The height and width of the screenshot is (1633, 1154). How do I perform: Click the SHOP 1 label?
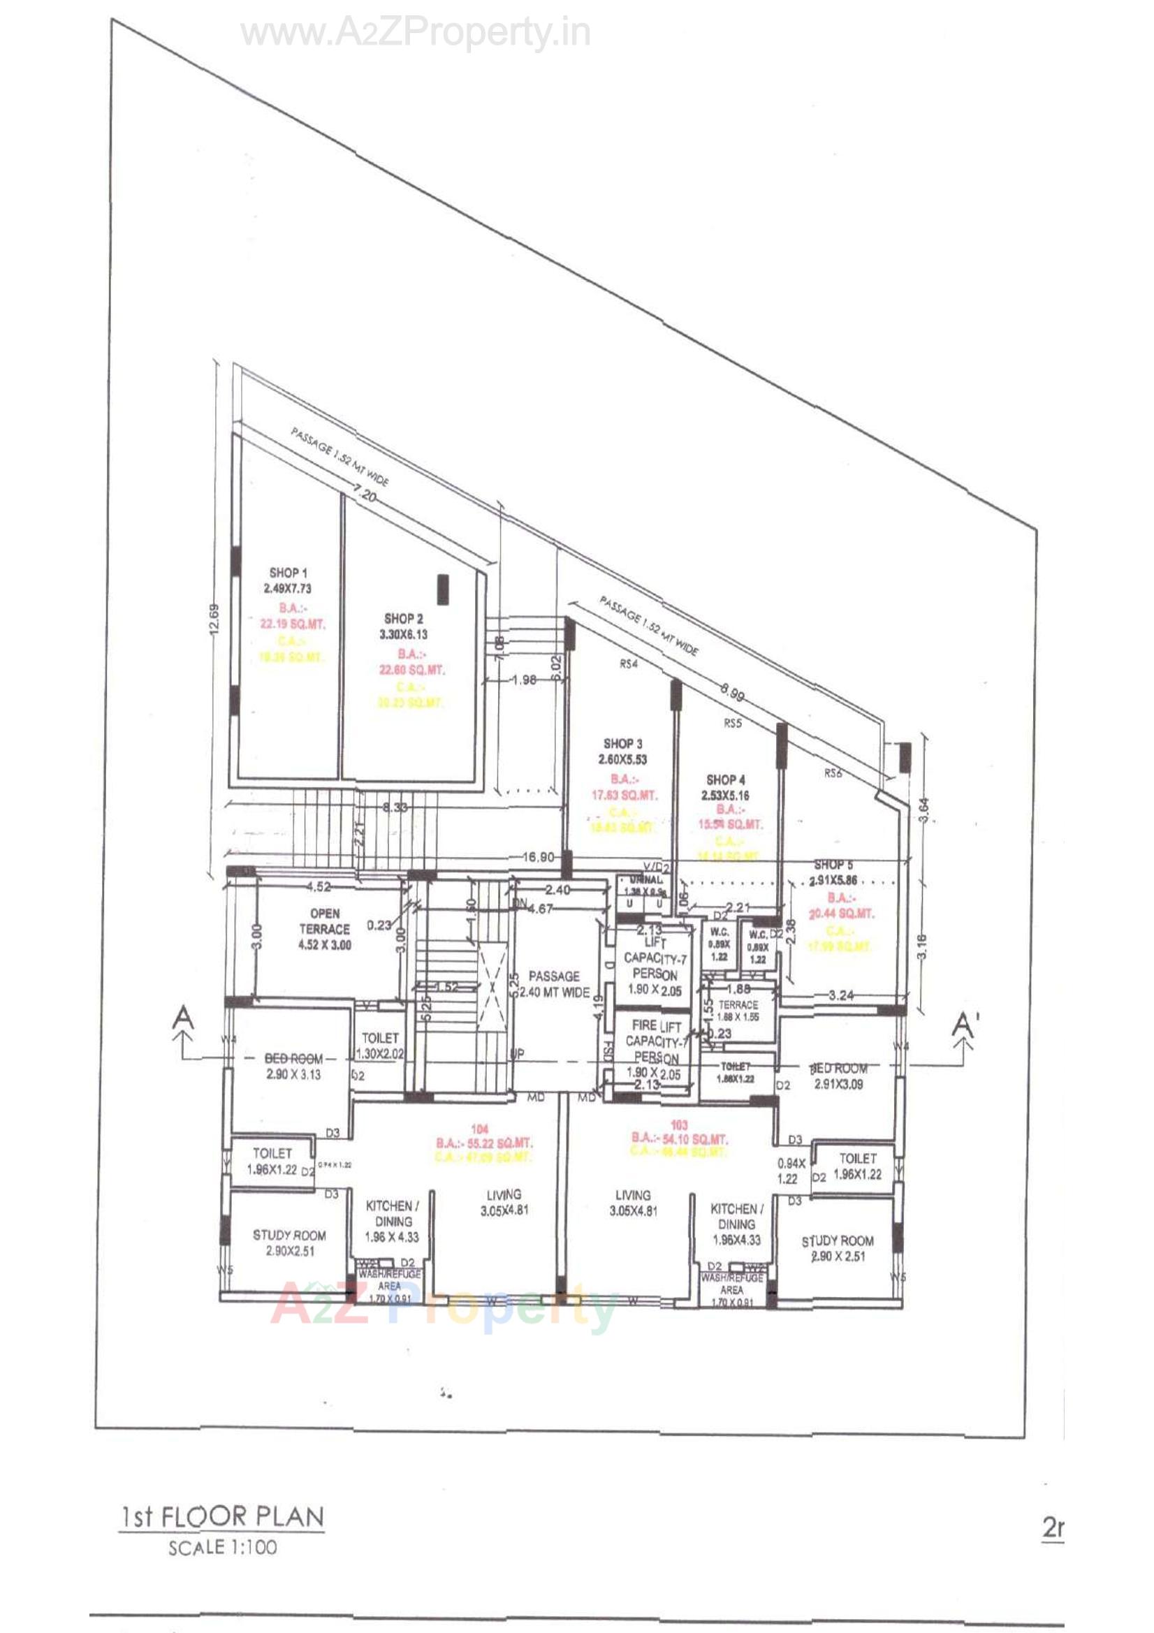point(288,573)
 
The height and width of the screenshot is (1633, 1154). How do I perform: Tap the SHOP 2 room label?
point(403,619)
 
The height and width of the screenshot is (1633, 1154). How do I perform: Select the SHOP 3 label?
point(622,743)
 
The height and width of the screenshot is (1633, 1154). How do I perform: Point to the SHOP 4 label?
point(726,779)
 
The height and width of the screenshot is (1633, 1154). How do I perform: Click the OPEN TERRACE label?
point(324,921)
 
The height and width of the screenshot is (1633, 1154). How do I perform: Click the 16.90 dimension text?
point(538,856)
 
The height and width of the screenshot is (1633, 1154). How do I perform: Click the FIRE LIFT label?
point(656,1026)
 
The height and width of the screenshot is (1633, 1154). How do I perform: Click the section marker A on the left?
point(184,1018)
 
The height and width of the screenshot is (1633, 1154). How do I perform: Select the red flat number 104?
point(479,1129)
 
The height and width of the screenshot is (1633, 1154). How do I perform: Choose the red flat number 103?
point(680,1125)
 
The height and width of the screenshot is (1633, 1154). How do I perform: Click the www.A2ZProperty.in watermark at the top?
point(416,34)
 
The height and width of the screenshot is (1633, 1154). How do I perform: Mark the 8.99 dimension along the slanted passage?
point(732,692)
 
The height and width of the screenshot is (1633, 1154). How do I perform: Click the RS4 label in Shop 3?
point(629,664)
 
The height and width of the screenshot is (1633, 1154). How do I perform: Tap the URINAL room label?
point(645,880)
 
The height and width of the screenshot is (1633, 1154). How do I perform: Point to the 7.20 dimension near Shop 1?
point(365,495)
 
